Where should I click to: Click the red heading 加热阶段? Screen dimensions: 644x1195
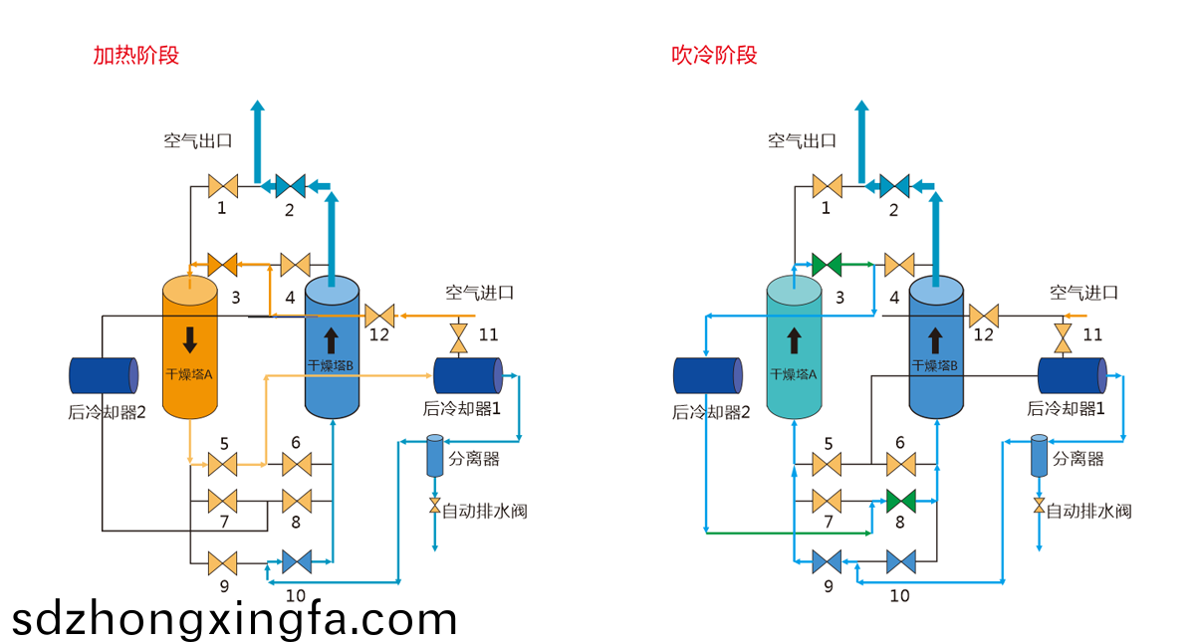[135, 55]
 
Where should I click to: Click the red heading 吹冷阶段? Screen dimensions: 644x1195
[714, 55]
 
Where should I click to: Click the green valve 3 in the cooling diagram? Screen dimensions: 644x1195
[827, 265]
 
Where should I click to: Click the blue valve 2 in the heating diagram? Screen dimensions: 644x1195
[290, 185]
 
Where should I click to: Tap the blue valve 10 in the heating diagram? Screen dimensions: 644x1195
[296, 562]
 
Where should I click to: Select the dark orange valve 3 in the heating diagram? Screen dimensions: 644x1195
[222, 265]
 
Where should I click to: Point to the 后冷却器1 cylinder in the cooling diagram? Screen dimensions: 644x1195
[1073, 375]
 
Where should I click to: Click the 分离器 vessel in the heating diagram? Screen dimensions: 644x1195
[434, 456]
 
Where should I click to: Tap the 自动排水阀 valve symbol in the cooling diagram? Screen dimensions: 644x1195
[1039, 508]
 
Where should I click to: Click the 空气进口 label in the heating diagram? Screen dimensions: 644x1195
[479, 293]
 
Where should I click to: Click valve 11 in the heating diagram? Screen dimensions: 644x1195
[459, 337]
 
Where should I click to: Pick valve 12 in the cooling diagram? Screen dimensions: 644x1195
[983, 316]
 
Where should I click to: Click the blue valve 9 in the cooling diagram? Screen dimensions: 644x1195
[827, 562]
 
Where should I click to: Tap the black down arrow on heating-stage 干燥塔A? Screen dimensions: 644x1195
[189, 339]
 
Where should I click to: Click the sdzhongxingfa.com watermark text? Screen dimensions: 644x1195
[234, 619]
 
